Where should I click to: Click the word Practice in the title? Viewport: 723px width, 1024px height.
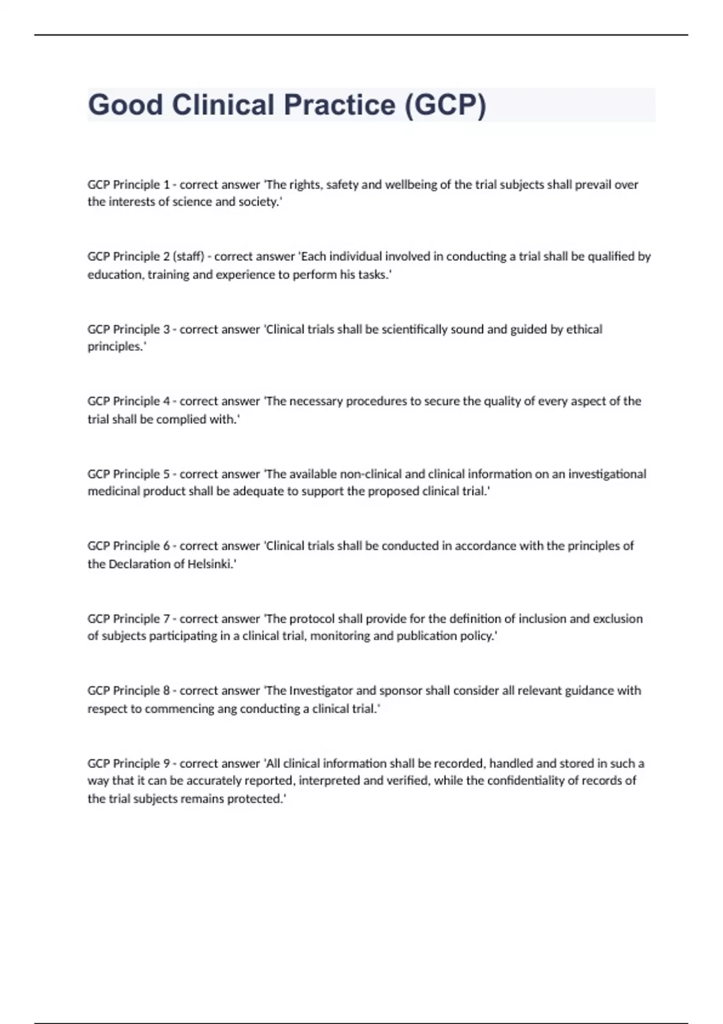tap(339, 105)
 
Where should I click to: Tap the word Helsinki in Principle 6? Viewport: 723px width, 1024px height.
tap(210, 564)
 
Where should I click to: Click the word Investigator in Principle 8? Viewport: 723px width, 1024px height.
tap(322, 690)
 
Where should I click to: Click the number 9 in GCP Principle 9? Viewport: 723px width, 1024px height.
tap(166, 763)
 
